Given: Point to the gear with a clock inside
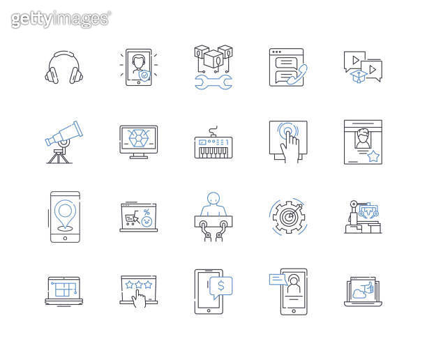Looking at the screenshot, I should [x=287, y=216].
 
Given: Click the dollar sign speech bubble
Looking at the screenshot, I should [x=220, y=285].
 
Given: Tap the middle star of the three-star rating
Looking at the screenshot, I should [x=138, y=285].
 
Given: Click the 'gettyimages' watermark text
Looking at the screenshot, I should [x=61, y=19].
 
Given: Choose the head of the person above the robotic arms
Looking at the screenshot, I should [x=213, y=198].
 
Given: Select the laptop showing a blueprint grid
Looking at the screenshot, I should [x=64, y=289].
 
